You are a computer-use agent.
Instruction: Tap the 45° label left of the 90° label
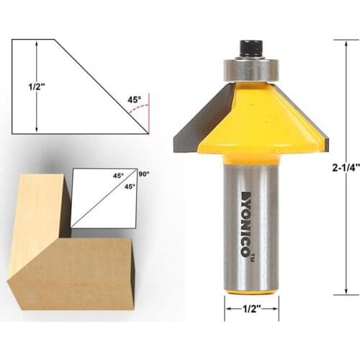tap(117, 174)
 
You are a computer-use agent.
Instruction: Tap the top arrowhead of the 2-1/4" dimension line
tap(346, 42)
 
